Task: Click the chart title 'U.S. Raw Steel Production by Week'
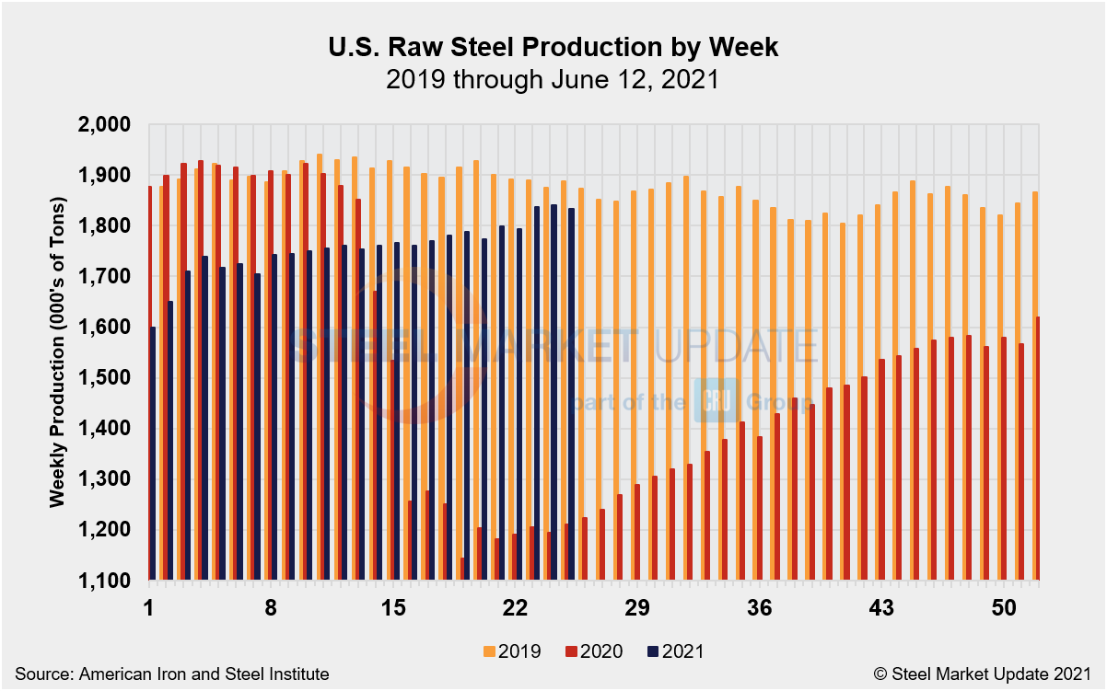click(x=553, y=48)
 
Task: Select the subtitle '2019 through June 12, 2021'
click(x=553, y=80)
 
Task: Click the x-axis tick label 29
click(x=636, y=608)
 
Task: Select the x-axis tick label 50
click(x=1004, y=608)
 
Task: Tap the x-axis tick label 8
click(x=271, y=608)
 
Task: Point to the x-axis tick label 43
click(x=881, y=608)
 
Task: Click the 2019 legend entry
click(x=512, y=651)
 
